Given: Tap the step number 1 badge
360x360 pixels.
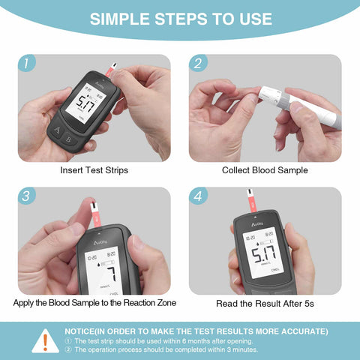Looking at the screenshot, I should [x=28, y=64].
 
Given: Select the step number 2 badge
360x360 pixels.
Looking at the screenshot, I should [x=198, y=64].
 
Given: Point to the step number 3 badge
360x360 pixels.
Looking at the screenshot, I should [x=28, y=196].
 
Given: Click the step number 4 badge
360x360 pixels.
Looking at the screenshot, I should [x=198, y=196].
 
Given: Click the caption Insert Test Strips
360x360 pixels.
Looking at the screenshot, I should [x=94, y=170].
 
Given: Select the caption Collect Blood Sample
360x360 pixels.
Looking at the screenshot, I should [x=265, y=170].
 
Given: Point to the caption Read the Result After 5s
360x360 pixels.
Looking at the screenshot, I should [x=265, y=303].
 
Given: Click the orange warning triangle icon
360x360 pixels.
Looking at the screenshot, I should [x=45, y=341].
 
